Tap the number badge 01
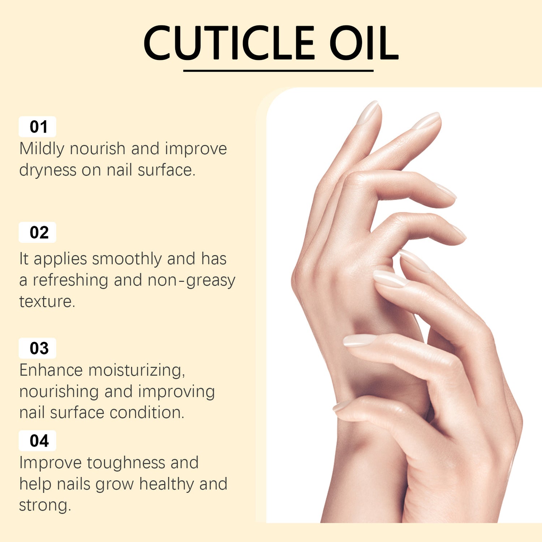(x=38, y=127)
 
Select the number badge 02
(x=38, y=232)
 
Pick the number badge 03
(x=38, y=348)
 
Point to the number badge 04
(x=38, y=441)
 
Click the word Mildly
(x=42, y=149)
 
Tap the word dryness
(x=48, y=170)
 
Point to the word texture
(x=47, y=302)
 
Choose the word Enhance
(x=51, y=370)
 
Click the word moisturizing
(x=137, y=370)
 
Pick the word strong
(x=44, y=505)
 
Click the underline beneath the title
(x=278, y=71)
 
